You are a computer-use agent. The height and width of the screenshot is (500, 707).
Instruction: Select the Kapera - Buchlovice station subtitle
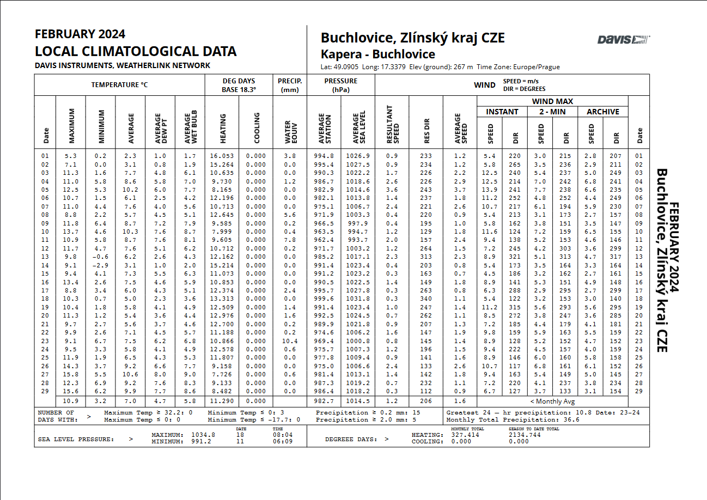(377, 54)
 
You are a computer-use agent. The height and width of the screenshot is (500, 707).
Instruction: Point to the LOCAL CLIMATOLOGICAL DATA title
(136, 52)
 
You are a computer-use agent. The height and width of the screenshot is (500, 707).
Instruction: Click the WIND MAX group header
(552, 101)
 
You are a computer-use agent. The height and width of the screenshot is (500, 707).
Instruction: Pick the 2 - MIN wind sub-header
(552, 112)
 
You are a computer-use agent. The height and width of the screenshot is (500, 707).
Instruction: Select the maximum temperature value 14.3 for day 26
(71, 366)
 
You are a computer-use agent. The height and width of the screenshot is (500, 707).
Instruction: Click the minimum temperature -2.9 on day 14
(100, 265)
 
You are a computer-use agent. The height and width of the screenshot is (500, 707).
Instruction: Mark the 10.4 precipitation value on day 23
(290, 341)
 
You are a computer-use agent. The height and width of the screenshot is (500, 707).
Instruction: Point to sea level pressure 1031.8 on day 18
(358, 299)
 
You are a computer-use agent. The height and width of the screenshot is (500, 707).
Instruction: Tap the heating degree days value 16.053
(222, 156)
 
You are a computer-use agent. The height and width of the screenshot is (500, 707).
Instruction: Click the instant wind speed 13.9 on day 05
(490, 190)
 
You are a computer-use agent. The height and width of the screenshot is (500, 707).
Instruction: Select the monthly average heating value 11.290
(222, 401)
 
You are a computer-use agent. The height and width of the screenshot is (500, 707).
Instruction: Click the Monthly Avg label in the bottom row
(552, 401)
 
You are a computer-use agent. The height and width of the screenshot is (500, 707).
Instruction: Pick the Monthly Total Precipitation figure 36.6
(571, 420)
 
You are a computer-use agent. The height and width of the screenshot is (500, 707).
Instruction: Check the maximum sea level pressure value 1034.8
(203, 435)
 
